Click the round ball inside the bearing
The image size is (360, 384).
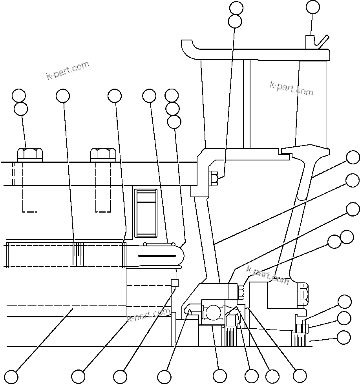click(213, 313)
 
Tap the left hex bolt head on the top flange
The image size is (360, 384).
click(30, 154)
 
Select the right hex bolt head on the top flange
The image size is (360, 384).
click(103, 154)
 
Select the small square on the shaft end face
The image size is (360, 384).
click(175, 283)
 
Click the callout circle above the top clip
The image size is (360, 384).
click(312, 7)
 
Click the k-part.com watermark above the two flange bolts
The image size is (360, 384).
click(68, 71)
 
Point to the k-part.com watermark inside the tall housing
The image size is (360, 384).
click(291, 89)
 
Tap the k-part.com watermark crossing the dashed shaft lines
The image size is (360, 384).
click(149, 315)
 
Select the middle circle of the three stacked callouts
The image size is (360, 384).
click(172, 108)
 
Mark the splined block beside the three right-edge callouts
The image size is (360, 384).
click(299, 339)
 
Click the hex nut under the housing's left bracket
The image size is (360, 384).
click(214, 178)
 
